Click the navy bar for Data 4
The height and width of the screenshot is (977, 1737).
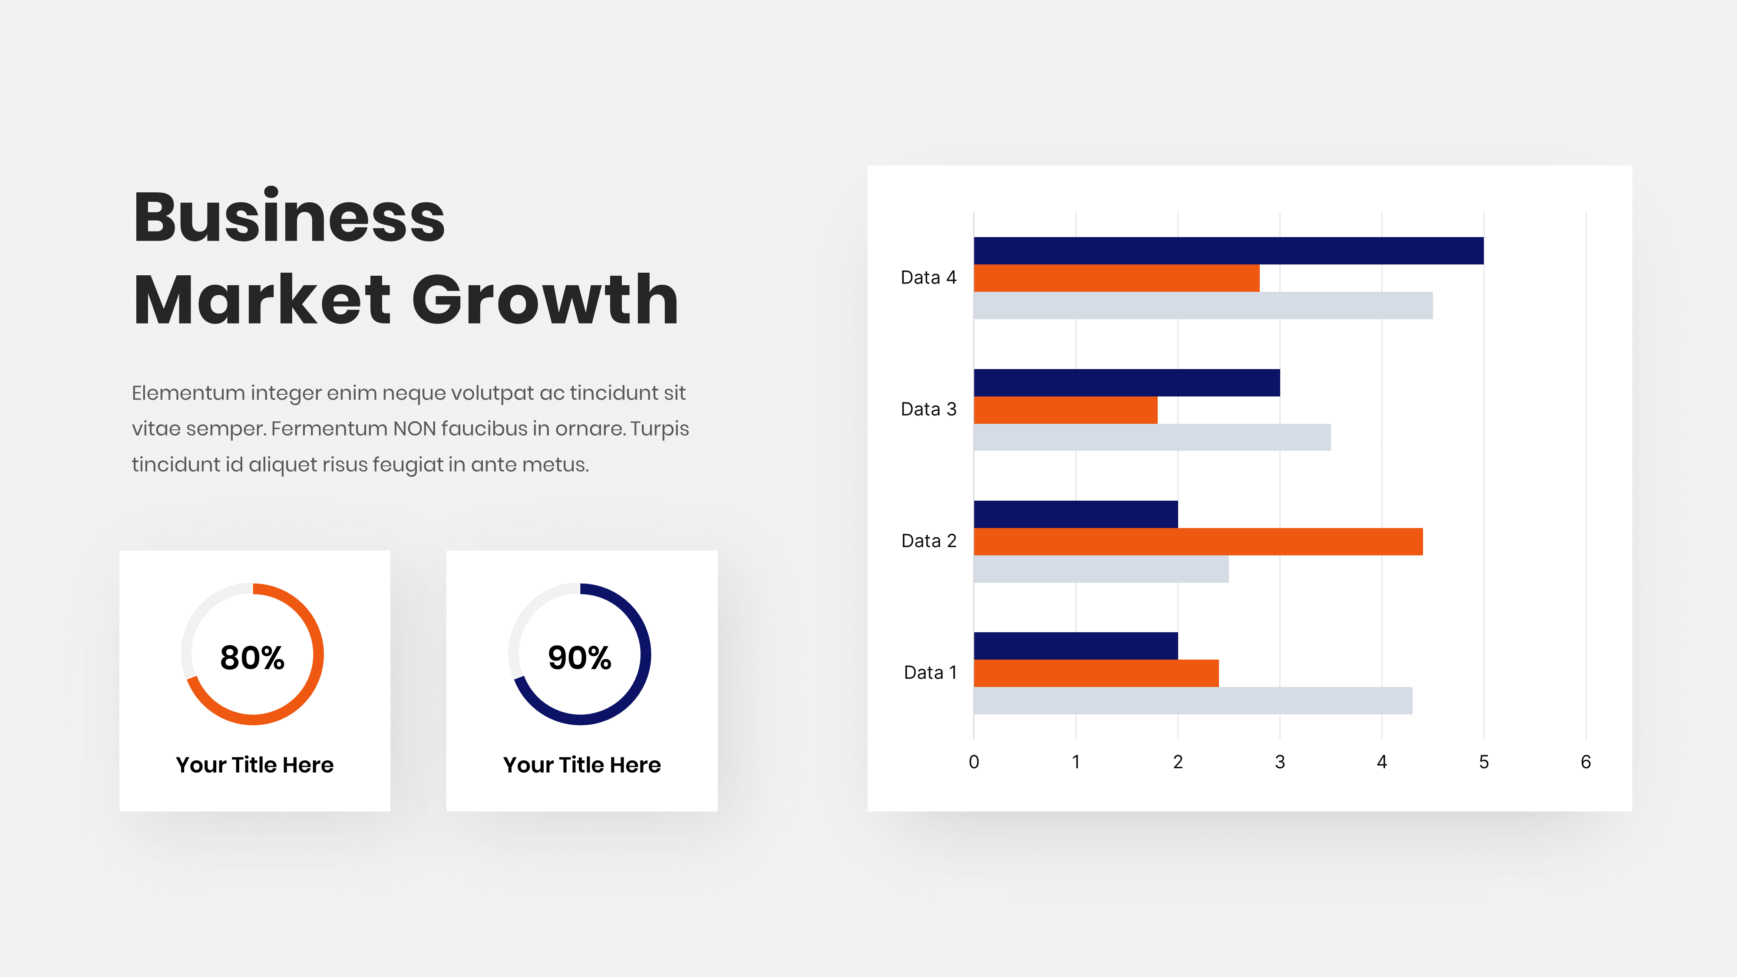[1228, 251]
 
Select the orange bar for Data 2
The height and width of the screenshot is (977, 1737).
[1198, 541]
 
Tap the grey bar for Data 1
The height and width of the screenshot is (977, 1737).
[1192, 700]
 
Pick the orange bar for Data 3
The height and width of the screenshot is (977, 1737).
[1065, 410]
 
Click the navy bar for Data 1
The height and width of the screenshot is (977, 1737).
[1076, 646]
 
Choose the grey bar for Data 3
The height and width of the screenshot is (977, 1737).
[1152, 437]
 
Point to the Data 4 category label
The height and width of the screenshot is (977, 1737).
[928, 278]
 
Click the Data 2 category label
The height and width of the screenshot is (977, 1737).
[928, 541]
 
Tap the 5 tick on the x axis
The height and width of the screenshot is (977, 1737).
[1483, 762]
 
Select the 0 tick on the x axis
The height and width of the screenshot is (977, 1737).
[974, 762]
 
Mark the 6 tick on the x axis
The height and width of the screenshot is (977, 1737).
[1585, 762]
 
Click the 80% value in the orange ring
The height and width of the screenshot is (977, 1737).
[252, 657]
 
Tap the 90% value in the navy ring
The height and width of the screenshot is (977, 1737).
[579, 657]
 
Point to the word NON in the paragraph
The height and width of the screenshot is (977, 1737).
[414, 429]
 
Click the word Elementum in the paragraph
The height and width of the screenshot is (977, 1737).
[188, 393]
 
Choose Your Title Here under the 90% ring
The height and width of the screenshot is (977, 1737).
[582, 765]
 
